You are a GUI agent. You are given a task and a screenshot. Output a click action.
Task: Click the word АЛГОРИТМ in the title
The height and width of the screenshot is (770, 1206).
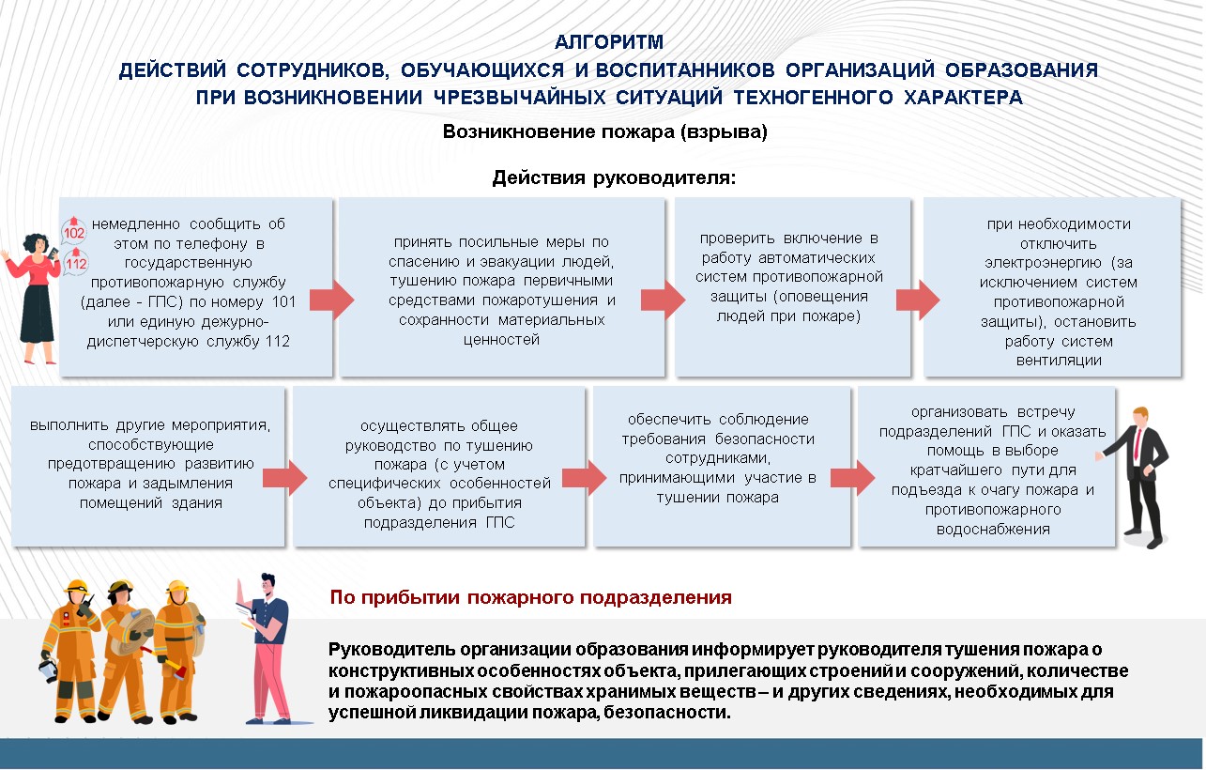[608, 42]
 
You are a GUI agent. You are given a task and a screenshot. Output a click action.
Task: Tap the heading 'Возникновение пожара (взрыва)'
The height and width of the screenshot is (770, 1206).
[604, 132]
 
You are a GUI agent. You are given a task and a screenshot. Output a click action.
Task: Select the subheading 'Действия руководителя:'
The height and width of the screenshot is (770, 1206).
[614, 178]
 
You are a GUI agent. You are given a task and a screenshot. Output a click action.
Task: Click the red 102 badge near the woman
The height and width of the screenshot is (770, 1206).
[74, 232]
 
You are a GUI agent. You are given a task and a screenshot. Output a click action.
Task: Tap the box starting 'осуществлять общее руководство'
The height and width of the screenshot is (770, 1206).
[438, 464]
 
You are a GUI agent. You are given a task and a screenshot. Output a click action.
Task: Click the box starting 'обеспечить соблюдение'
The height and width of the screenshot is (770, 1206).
[722, 464]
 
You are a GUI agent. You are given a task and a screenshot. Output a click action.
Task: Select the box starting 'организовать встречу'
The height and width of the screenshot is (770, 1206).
[984, 464]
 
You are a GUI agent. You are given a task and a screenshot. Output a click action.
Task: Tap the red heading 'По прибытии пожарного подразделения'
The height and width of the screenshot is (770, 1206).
[530, 597]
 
